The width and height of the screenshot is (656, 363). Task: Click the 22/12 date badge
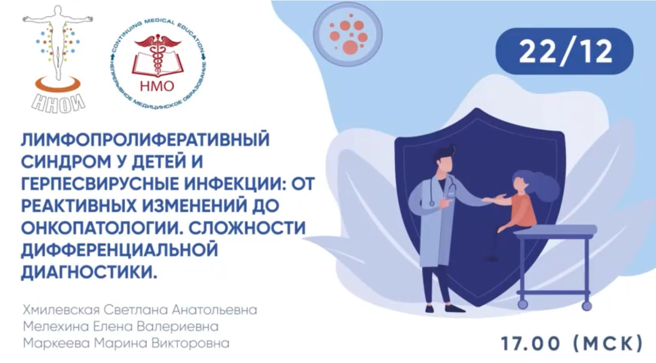pos(564,51)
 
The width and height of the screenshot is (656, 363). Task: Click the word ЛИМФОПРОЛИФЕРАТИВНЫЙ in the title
pos(145,139)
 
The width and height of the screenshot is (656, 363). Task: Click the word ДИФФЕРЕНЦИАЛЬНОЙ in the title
pos(119,250)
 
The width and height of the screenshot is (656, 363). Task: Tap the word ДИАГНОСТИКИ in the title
pos(88,272)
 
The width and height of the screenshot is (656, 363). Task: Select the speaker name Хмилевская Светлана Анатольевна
pos(140,310)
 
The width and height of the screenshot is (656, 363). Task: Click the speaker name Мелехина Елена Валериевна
pos(121,326)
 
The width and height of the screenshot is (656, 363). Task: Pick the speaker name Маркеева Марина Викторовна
pos(126,343)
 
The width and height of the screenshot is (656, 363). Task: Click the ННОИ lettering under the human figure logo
pos(59,102)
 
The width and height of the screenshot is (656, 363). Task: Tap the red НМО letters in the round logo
pos(157,86)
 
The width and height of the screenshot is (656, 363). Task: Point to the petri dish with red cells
pos(348,33)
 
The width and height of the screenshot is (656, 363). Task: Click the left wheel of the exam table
pos(522,304)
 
